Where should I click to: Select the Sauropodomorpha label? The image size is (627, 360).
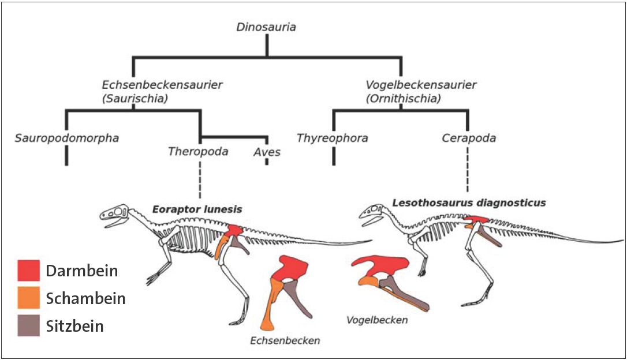point(68,138)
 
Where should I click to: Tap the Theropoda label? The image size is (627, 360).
point(198,152)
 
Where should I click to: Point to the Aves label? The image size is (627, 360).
point(267,152)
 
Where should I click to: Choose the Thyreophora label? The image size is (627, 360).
point(333,138)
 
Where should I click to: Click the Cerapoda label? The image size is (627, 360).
point(469,138)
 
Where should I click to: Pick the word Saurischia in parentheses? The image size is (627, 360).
point(135,99)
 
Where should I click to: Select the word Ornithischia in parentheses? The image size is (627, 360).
point(403,99)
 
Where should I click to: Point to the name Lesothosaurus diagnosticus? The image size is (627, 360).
point(469,202)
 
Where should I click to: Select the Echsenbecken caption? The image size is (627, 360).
point(285,340)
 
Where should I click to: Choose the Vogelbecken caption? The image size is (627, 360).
point(376,320)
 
